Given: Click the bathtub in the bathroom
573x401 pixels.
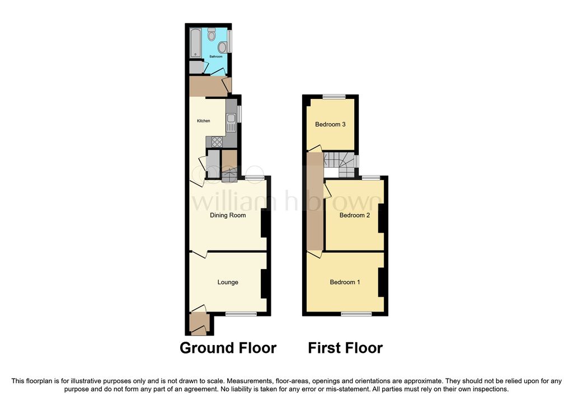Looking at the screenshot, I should [195, 43].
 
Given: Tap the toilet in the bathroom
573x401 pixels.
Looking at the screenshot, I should [212, 35].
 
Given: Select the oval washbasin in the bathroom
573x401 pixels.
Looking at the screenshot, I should [222, 46].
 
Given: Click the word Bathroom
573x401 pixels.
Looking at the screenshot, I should [216, 57].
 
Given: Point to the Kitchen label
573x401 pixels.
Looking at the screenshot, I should [203, 121].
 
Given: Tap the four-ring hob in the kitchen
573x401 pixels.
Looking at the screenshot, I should [217, 141].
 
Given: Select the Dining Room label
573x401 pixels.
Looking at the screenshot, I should [228, 215].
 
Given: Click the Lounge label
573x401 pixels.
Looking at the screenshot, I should [228, 282].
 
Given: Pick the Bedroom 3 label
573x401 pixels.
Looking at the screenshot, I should [330, 124].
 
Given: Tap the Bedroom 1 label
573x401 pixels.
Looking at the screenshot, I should [345, 282].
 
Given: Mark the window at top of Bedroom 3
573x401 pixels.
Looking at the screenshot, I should [332, 96].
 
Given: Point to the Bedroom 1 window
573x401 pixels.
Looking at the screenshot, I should [356, 314].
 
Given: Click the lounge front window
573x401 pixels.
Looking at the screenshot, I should [241, 314].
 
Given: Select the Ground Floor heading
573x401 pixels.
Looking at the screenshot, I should [228, 348].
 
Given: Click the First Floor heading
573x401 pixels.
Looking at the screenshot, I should [345, 348].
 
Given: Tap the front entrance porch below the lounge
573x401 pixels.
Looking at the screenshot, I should [199, 324].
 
